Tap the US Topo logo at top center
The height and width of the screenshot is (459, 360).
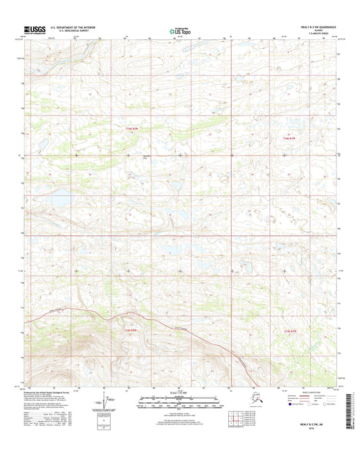(x=180, y=30)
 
